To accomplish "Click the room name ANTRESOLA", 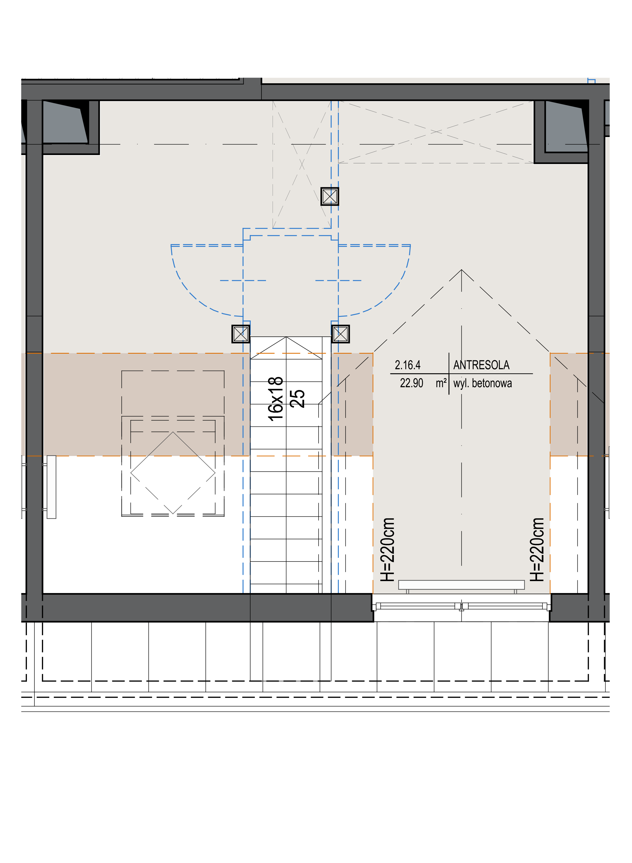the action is (x=481, y=365).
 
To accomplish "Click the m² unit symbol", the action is (x=441, y=383).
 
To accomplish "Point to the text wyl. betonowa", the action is (x=483, y=383).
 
